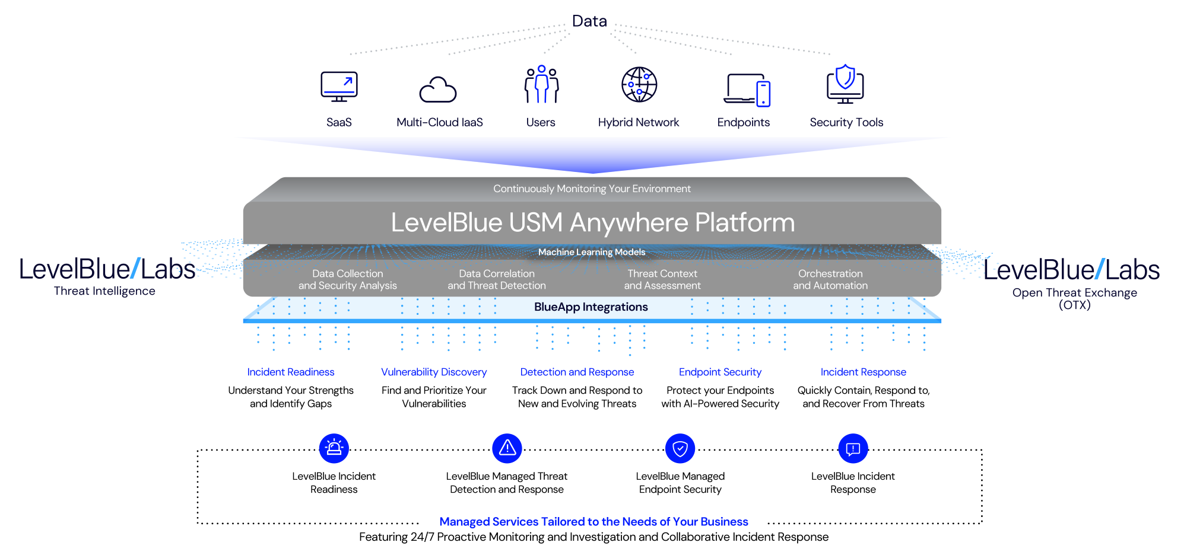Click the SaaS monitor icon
(x=339, y=85)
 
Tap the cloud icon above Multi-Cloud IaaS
(x=438, y=90)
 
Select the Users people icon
(x=541, y=85)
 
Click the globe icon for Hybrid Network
(x=639, y=85)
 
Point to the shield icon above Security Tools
(x=845, y=83)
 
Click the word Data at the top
(x=589, y=21)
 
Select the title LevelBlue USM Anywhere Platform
(x=592, y=223)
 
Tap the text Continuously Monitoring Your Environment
(x=592, y=189)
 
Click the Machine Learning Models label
(x=592, y=252)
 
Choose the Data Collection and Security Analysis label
(x=348, y=279)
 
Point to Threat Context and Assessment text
(x=662, y=279)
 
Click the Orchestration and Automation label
(x=830, y=279)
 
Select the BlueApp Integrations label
(x=591, y=307)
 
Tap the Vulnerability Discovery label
(x=434, y=372)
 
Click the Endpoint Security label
(x=720, y=372)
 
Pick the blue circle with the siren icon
(x=334, y=448)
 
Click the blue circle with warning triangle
(x=507, y=448)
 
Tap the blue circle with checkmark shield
(x=680, y=448)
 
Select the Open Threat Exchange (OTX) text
(x=1074, y=298)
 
